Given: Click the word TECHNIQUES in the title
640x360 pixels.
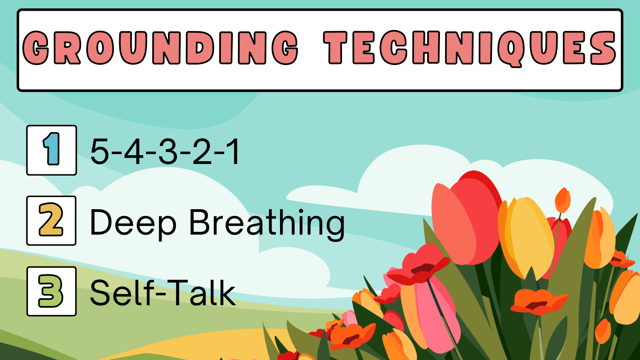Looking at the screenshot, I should (470, 48).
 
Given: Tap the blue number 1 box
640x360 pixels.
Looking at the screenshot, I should (52, 150).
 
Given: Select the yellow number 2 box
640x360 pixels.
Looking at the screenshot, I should (51, 220).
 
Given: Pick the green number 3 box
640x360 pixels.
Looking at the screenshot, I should (51, 291).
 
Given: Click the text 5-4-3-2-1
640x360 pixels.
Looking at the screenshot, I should (165, 152).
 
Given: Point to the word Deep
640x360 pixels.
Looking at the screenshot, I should (133, 223).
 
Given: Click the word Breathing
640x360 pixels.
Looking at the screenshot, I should (266, 223).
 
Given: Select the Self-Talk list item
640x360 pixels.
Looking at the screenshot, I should (162, 293).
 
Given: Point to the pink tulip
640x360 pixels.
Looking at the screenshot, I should (430, 312).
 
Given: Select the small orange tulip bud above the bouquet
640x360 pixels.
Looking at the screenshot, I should (563, 200).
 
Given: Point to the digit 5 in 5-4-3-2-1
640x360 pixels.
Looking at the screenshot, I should (100, 152).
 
